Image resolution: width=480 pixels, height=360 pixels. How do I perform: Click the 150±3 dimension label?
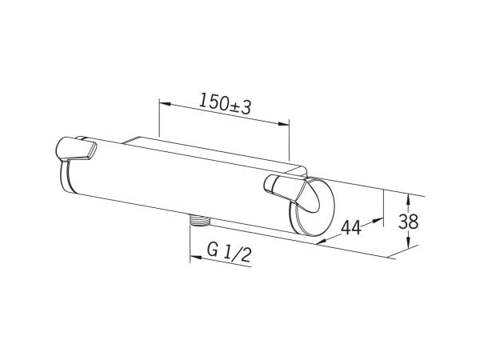pyautogui.click(x=225, y=103)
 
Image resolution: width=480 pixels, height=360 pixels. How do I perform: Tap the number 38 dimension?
pyautogui.click(x=408, y=222)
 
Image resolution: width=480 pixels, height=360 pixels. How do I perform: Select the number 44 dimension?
pyautogui.click(x=351, y=227)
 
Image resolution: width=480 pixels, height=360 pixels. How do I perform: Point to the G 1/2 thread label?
pyautogui.click(x=229, y=253)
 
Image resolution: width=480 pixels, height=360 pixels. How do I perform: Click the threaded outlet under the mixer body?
pyautogui.click(x=199, y=221)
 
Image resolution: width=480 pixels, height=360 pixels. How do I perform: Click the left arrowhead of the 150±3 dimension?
pyautogui.click(x=165, y=104)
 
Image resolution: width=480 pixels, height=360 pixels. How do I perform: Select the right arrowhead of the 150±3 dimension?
pyautogui.click(x=283, y=124)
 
